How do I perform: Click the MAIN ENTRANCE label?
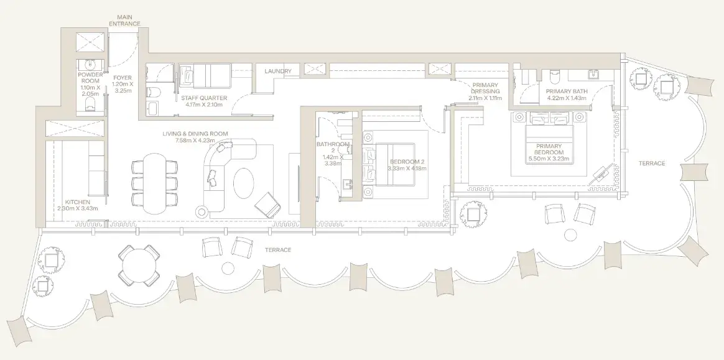124,21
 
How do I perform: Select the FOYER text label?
122,78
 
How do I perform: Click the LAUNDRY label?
278,71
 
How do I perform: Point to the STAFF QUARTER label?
204,98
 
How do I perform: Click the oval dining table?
154,183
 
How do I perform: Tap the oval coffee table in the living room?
244,183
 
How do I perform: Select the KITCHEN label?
78,202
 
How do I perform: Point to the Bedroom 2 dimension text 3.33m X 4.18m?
407,168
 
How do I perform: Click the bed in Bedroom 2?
396,165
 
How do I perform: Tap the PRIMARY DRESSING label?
485,88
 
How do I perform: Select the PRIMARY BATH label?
567,91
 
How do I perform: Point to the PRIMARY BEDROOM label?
549,149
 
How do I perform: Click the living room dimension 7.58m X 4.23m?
195,141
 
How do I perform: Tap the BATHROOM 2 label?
333,147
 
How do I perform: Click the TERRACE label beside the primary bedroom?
652,164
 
